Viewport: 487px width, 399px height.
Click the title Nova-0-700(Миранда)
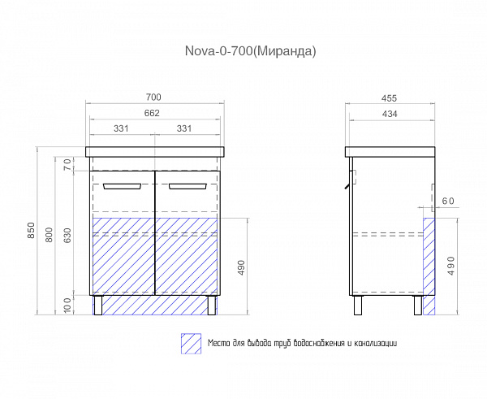click(250, 51)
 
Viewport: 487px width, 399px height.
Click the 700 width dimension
click(153, 98)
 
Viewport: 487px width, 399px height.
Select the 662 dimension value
click(152, 113)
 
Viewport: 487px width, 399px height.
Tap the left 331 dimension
click(121, 128)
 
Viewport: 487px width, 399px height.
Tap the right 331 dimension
click(184, 128)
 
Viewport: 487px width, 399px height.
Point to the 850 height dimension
click(32, 231)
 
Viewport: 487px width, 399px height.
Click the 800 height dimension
click(49, 235)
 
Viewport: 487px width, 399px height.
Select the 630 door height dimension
click(67, 236)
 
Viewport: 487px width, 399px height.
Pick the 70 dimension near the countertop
click(67, 164)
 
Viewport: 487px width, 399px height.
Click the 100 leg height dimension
click(67, 305)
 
